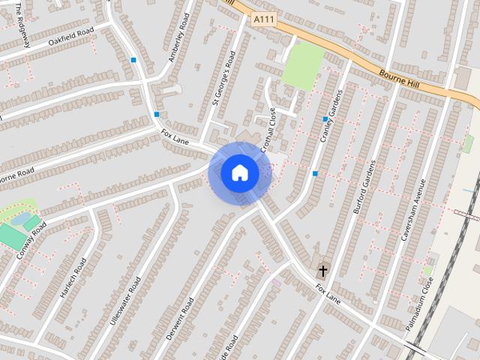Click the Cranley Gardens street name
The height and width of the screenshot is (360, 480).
click(331, 118)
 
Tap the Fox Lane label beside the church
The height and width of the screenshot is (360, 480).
click(328, 293)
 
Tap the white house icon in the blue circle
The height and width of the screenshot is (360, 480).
click(239, 173)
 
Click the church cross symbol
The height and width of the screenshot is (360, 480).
click(323, 270)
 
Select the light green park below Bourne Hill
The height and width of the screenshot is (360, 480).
click(303, 67)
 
